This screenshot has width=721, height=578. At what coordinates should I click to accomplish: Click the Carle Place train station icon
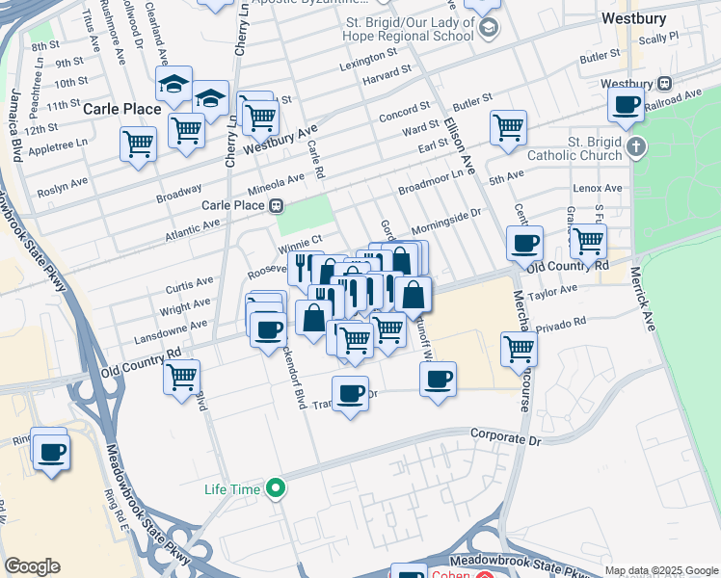(x=276, y=205)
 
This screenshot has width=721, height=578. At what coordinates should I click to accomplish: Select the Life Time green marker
(x=276, y=488)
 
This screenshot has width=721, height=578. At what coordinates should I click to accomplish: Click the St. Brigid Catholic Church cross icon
(x=634, y=147)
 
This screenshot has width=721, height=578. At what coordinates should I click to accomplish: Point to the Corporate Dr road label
(x=506, y=437)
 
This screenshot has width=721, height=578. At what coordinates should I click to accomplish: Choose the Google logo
(x=33, y=566)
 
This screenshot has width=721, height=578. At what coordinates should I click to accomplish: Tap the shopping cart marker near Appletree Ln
(x=138, y=145)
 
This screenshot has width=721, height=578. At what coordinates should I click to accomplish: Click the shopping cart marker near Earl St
(x=507, y=126)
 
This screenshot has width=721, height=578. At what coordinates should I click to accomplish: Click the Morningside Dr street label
(x=445, y=225)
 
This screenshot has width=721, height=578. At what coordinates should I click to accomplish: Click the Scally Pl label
(x=659, y=38)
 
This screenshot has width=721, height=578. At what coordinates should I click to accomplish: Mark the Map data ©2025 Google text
(x=660, y=570)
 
